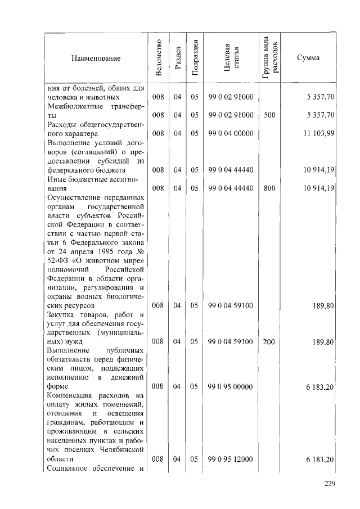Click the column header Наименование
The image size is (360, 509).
click(96, 58)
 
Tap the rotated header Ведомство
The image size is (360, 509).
click(159, 57)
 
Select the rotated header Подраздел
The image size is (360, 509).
click(195, 57)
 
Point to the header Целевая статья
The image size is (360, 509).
click(231, 57)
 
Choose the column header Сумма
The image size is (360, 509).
click(308, 58)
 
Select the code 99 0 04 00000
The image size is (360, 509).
click(231, 134)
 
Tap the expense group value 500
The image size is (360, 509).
click(269, 115)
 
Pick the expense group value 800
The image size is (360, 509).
click(269, 188)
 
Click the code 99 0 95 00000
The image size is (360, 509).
click(231, 387)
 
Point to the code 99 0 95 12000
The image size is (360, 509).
click(231, 460)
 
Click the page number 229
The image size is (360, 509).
click(330, 486)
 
